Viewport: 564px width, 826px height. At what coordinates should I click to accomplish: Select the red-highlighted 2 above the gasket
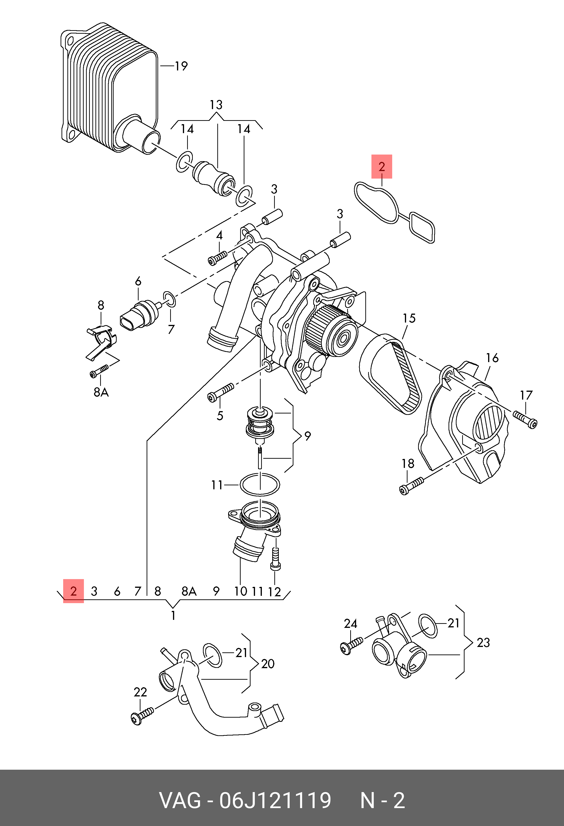382,166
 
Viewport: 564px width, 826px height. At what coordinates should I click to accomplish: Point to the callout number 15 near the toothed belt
409,318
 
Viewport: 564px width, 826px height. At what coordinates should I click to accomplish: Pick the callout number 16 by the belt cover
492,358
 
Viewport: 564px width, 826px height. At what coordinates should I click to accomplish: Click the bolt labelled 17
525,419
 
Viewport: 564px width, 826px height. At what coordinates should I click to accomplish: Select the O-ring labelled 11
260,484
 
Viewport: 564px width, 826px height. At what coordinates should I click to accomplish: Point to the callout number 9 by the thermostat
308,436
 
